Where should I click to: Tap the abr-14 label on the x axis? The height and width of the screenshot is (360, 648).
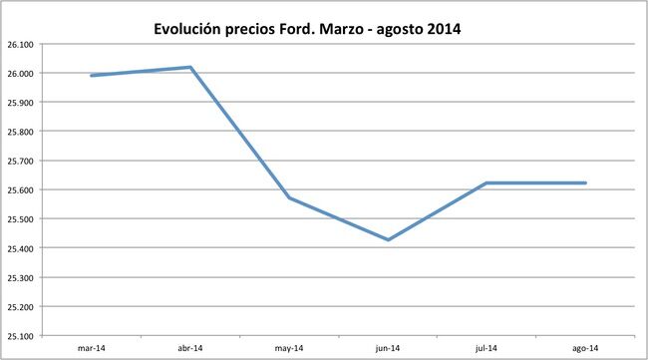point(189,348)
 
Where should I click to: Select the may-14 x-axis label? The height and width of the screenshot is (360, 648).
point(288,348)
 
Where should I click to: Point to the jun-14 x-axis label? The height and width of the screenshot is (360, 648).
point(387,348)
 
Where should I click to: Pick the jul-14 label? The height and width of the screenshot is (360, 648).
point(486,348)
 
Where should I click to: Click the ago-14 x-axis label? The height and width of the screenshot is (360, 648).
point(585,348)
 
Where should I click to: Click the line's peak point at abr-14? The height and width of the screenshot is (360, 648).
point(189,67)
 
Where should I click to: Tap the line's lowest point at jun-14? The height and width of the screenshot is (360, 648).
point(387,239)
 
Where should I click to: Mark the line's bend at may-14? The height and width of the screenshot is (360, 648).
point(288,197)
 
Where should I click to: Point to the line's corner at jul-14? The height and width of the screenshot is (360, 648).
point(486,182)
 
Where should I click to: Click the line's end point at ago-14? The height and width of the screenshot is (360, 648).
point(585,182)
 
